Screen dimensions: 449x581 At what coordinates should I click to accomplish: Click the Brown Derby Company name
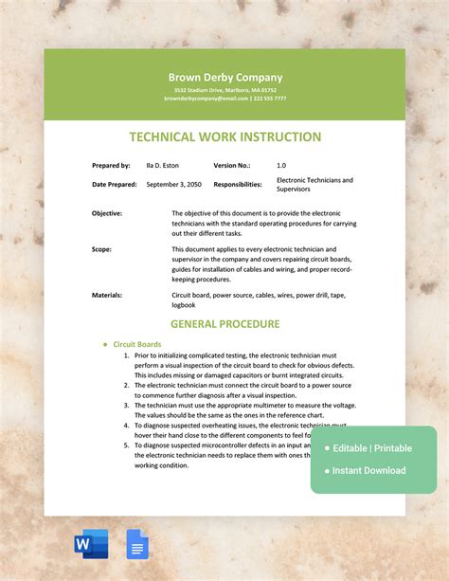coord(224,77)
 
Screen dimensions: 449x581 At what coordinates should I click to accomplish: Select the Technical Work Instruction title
coord(224,137)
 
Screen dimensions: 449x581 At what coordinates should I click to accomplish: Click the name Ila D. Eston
coord(163,165)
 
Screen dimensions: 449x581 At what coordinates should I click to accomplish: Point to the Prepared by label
coord(112,165)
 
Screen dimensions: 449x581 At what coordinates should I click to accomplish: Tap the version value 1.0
coord(281,165)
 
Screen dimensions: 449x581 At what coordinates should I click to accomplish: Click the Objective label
coord(107,213)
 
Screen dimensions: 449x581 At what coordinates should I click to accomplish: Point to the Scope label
coord(101,249)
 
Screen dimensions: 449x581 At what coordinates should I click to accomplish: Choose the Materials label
coord(107,295)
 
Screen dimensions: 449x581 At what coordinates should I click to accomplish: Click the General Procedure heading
coord(224,323)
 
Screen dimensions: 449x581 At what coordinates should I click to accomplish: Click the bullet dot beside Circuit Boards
coord(105,344)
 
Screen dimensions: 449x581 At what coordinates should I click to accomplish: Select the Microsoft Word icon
coord(91,544)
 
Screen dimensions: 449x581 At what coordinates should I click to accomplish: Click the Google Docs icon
coord(137,544)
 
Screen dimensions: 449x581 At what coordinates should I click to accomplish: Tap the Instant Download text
coord(368,470)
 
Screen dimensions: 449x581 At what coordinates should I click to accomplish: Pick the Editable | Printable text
coord(372,447)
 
